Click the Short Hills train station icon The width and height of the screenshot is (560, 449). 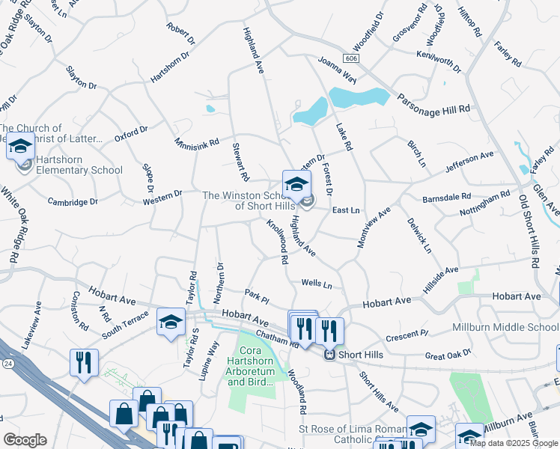pyautogui.click(x=329, y=355)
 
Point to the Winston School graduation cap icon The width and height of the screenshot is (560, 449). pyautogui.click(x=296, y=183)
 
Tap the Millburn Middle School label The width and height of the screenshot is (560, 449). pyautogui.click(x=505, y=328)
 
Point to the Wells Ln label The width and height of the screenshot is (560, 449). pyautogui.click(x=316, y=284)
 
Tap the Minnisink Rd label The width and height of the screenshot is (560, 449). pyautogui.click(x=197, y=141)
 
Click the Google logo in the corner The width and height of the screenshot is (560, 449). pyautogui.click(x=25, y=440)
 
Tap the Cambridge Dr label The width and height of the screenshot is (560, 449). pyautogui.click(x=73, y=202)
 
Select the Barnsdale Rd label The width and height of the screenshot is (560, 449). pyautogui.click(x=446, y=196)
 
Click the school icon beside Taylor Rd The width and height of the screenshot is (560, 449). pyautogui.click(x=171, y=323)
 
